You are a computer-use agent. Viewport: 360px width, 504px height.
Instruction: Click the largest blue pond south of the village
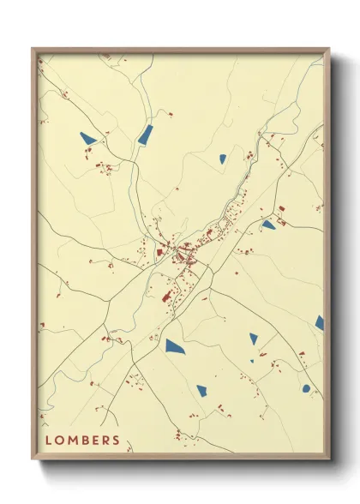coord(175,346)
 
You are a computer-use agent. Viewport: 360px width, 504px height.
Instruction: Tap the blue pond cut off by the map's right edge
coord(320,322)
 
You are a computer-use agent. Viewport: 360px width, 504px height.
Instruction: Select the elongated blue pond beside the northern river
coord(145,134)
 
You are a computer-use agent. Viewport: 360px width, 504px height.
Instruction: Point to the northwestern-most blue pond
coord(88,136)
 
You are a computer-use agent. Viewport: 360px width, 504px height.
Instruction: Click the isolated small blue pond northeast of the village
coord(222,158)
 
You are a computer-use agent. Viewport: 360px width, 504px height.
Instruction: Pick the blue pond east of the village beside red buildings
coord(268,225)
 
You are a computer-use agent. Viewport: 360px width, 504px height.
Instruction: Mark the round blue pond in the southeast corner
coord(306,388)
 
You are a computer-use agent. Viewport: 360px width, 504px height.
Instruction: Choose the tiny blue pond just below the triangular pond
coord(252,361)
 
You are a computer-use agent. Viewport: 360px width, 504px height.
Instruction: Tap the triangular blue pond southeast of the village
coord(254,339)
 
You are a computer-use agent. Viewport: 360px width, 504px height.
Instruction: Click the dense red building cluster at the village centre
coord(183,255)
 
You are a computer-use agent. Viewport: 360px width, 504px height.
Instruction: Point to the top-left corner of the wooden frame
coord(33,49)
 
